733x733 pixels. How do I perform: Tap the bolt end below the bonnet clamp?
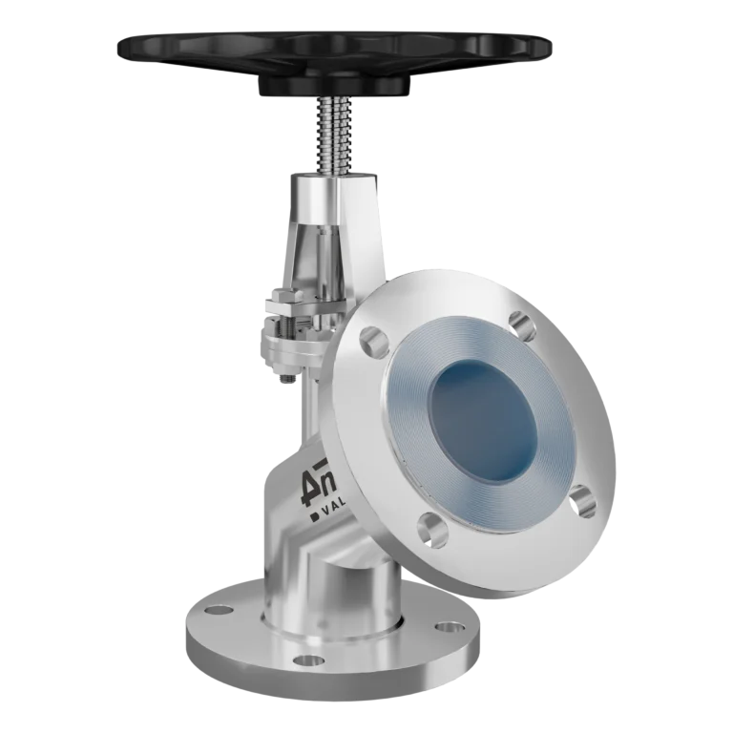pos(283,377)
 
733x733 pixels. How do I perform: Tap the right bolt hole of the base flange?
pos(445,627)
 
